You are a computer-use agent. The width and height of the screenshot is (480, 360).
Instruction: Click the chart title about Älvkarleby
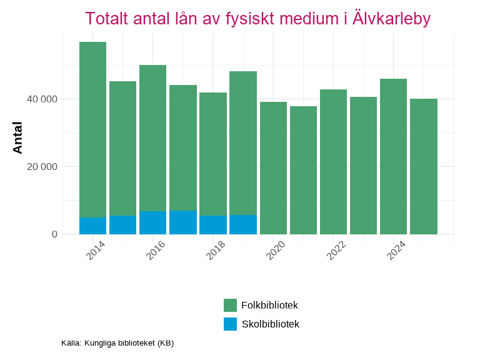[257, 19]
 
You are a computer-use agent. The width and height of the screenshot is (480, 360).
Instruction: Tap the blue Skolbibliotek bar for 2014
[92, 226]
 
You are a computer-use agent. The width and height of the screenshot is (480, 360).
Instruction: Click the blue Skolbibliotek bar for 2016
[152, 222]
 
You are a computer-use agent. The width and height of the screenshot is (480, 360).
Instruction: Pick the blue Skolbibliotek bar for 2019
[243, 224]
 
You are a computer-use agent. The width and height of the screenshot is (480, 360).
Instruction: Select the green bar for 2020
[273, 168]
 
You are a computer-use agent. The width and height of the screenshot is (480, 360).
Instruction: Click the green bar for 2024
[393, 156]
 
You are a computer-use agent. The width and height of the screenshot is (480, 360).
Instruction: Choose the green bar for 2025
[423, 166]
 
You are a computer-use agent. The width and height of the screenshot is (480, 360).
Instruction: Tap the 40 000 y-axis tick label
[41, 99]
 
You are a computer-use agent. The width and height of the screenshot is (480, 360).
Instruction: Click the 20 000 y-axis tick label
[41, 167]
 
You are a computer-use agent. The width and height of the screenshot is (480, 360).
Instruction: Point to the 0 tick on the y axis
[54, 234]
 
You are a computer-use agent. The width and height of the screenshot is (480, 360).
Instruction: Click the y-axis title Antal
[18, 137]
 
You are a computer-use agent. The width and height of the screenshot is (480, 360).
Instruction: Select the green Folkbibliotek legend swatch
[230, 305]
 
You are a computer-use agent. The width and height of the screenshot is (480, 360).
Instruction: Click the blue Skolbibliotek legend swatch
[230, 324]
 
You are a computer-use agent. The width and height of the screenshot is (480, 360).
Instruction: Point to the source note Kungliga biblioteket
[117, 343]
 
